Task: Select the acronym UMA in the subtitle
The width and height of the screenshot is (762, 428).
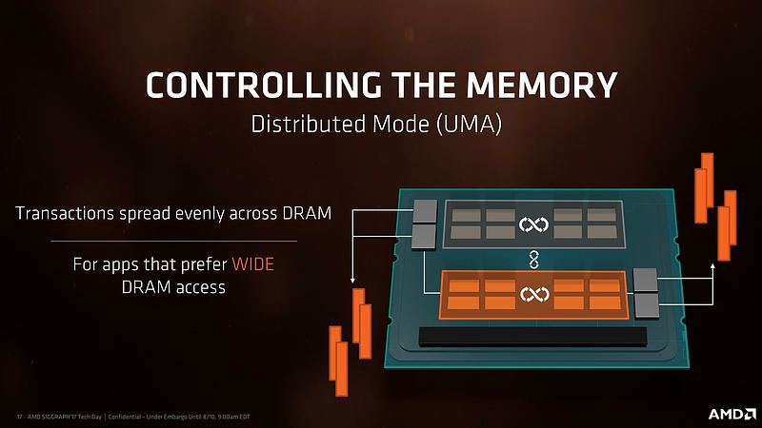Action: click(469, 125)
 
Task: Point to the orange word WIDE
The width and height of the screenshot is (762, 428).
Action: click(252, 264)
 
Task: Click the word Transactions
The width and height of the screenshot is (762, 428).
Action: click(64, 213)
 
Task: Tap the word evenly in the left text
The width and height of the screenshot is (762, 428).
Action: click(200, 214)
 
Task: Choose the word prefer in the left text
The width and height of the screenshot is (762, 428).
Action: click(204, 265)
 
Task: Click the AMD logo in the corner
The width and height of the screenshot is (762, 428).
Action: click(732, 414)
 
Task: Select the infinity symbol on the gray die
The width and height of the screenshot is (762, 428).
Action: click(533, 224)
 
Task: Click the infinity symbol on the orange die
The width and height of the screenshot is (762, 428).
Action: click(534, 294)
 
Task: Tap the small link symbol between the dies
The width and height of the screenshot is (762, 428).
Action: click(533, 260)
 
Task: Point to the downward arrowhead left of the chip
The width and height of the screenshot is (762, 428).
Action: click(352, 280)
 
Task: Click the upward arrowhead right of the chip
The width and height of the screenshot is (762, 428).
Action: click(712, 266)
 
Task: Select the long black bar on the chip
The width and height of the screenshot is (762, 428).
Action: click(532, 337)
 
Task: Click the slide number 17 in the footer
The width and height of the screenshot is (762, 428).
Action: click(19, 417)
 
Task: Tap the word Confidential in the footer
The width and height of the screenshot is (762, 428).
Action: click(125, 417)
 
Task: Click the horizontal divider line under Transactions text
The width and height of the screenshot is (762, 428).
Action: click(173, 241)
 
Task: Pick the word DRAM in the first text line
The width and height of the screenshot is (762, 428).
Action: click(307, 213)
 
